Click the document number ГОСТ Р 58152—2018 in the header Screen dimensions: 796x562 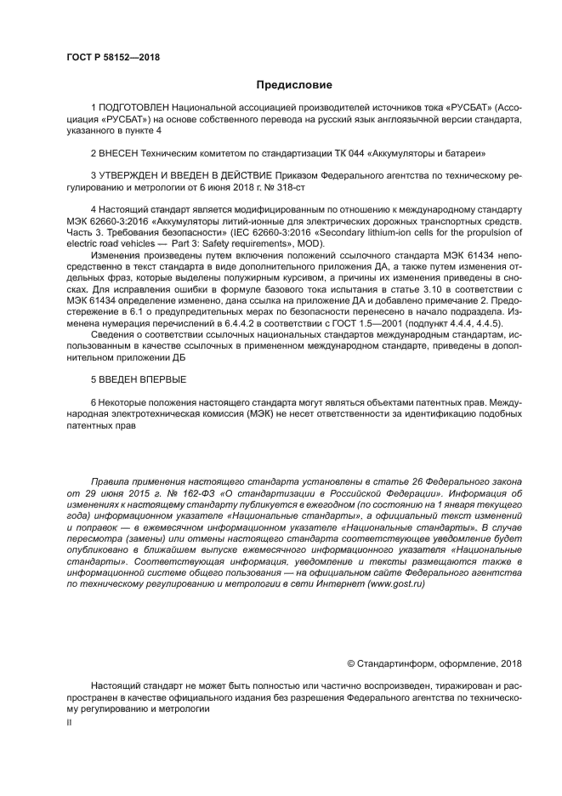[113, 57]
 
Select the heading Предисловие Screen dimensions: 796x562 [294, 85]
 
